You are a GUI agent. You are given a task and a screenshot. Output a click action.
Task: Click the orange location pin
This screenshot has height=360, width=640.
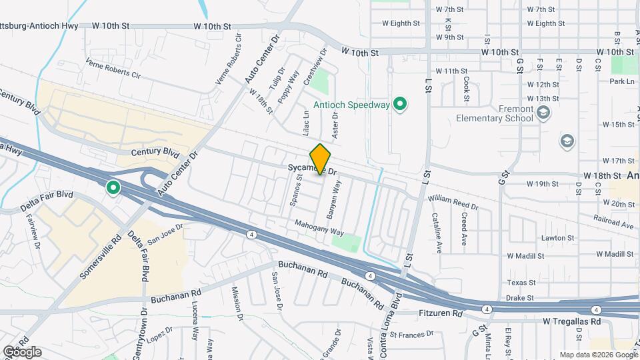pos(321,159)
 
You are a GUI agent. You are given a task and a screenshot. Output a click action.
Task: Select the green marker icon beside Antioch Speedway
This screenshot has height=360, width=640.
pos(400,104)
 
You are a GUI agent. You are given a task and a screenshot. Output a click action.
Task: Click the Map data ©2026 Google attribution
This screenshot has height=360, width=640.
pos(598,354)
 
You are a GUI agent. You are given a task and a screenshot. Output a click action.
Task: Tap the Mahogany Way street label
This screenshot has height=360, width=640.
pos(319,228)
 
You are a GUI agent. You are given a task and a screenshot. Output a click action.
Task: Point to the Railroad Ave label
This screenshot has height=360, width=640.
pos(614,221)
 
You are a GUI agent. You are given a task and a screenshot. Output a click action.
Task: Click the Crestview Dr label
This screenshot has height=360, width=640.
pos(315,65)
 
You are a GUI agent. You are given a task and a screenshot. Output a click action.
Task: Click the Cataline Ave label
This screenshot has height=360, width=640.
pos(437,233)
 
